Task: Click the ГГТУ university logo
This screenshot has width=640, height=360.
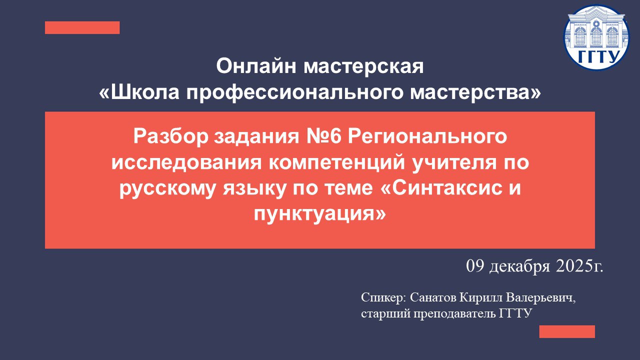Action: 596,37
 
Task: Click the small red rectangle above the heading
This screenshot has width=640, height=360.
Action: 82,27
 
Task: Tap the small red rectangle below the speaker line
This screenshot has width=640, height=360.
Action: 567,331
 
